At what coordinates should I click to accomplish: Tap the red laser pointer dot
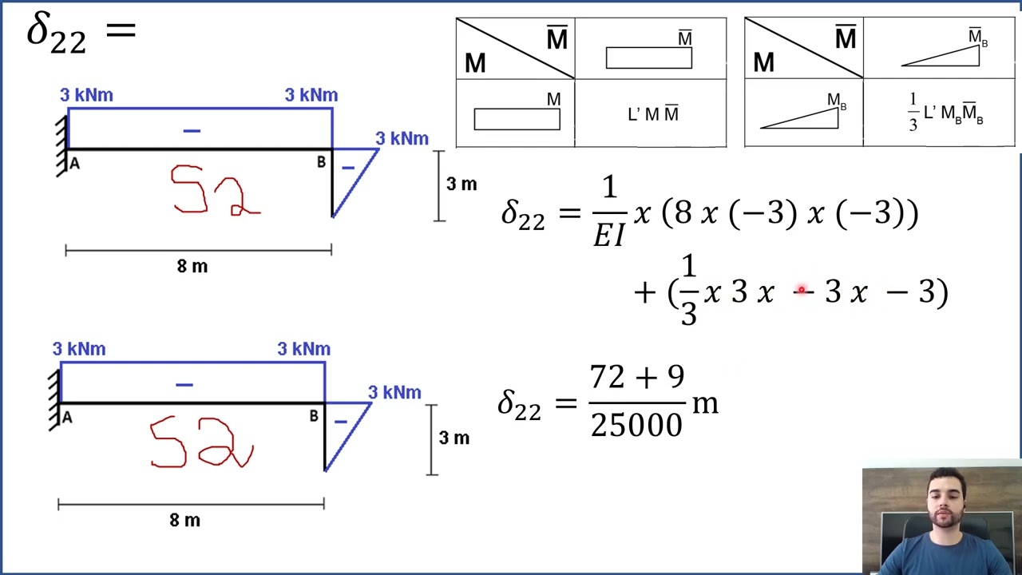pyautogui.click(x=802, y=290)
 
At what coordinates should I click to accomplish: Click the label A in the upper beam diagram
pyautogui.click(x=75, y=164)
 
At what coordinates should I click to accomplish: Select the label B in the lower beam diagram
pyautogui.click(x=314, y=416)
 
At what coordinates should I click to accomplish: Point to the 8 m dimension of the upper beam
pyautogui.click(x=192, y=266)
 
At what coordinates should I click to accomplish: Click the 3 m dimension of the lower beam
pyautogui.click(x=454, y=438)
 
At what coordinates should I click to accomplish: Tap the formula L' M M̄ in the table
pyautogui.click(x=653, y=113)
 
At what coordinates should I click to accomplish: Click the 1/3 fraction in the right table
pyautogui.click(x=913, y=113)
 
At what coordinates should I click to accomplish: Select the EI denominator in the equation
pyautogui.click(x=608, y=236)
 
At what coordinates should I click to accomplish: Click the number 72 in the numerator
pyautogui.click(x=607, y=377)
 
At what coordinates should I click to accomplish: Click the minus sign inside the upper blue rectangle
pyautogui.click(x=192, y=131)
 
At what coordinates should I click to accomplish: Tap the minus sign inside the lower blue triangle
pyautogui.click(x=341, y=422)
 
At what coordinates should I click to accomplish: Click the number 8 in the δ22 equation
pyautogui.click(x=683, y=212)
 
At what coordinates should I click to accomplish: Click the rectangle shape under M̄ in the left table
pyautogui.click(x=649, y=58)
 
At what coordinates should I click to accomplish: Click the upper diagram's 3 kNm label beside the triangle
pyautogui.click(x=402, y=139)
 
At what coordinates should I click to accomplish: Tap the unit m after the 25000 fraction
pyautogui.click(x=705, y=404)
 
